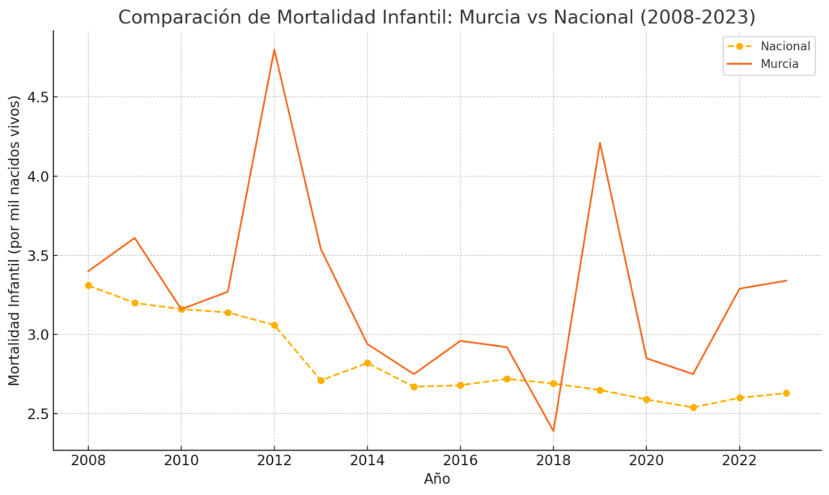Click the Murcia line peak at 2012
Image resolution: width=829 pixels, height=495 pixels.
coord(274,49)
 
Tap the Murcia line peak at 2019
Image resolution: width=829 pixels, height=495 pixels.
coord(600,143)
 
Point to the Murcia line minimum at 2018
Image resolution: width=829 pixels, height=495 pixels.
coord(553,431)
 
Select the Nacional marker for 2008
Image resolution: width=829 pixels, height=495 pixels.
coord(88,285)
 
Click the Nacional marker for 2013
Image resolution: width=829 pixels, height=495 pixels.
coord(321,380)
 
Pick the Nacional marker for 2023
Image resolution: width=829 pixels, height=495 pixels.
coord(786,393)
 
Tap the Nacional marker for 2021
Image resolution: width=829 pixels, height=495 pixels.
coord(693,408)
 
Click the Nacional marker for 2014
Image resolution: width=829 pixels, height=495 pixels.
coord(368,363)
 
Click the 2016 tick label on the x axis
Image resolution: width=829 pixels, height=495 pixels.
coord(460,461)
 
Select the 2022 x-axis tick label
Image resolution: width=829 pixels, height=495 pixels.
coord(739,461)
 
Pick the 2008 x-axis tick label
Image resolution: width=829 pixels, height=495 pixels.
coord(88,461)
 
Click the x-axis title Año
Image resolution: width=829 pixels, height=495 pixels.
coord(437,480)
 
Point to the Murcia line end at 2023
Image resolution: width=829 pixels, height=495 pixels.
coord(786,280)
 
